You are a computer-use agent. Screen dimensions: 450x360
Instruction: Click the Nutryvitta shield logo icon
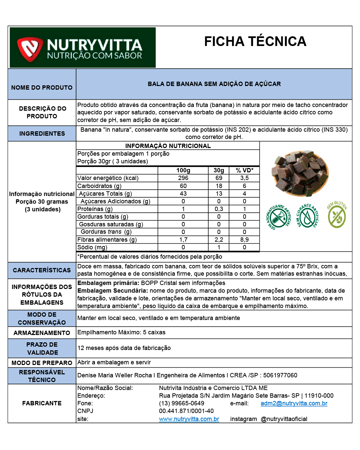(30, 49)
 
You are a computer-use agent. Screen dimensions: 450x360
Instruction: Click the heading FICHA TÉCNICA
(255, 42)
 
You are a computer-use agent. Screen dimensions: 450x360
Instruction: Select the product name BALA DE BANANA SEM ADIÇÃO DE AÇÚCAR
(214, 84)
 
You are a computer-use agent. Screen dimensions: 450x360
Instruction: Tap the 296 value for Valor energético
(183, 178)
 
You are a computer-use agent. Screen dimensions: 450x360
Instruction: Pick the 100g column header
(183, 170)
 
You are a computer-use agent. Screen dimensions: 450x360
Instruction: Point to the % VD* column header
(244, 170)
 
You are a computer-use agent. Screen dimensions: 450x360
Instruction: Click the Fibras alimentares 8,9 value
(244, 240)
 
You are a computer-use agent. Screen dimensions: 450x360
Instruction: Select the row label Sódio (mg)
(92, 247)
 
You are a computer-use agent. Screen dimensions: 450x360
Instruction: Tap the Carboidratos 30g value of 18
(219, 186)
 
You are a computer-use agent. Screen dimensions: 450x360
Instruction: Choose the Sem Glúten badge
(337, 215)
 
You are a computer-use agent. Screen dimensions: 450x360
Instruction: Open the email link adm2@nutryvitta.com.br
(294, 403)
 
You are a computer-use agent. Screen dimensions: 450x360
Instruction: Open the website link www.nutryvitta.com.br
(189, 419)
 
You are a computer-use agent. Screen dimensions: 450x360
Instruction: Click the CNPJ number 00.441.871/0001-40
(186, 411)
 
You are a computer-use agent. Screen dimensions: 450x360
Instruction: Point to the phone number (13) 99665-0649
(182, 403)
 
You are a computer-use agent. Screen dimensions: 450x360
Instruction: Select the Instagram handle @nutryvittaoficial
(284, 419)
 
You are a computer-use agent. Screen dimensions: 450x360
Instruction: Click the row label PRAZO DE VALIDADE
(42, 348)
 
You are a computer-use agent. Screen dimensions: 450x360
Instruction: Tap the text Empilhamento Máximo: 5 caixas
(121, 332)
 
